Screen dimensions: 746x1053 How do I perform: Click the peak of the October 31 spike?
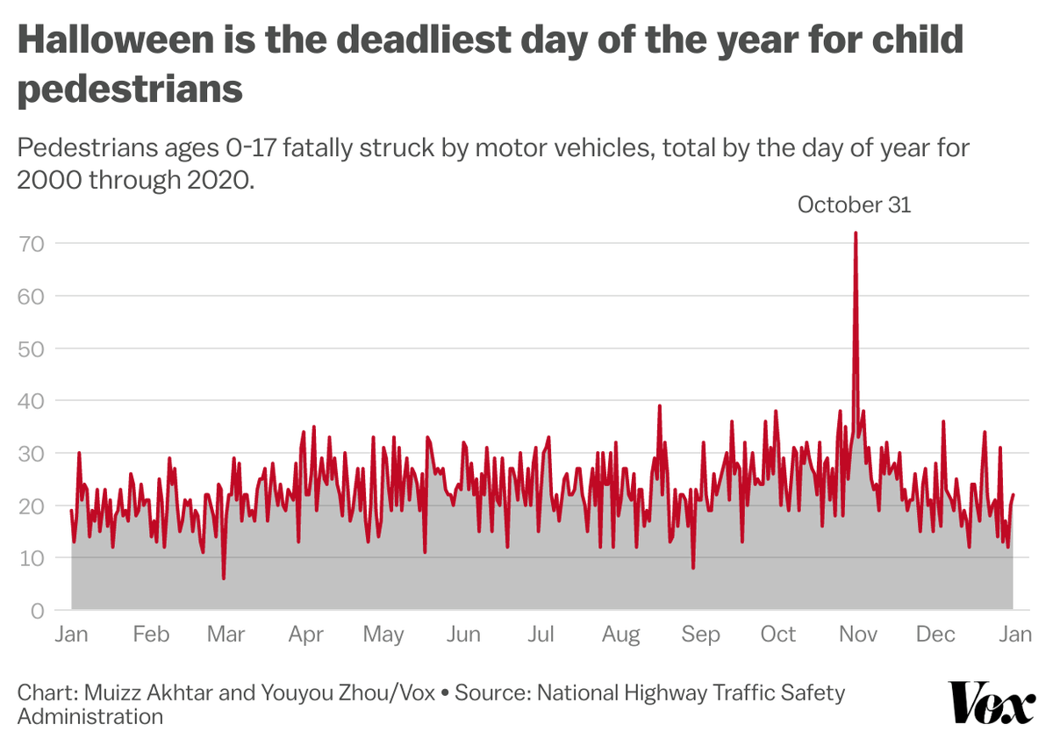[855, 233]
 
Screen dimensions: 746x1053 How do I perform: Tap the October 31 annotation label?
[854, 204]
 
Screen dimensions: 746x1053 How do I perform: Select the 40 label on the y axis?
[32, 400]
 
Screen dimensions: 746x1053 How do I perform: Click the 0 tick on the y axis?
[38, 610]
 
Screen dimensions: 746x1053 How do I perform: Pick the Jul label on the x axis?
[541, 634]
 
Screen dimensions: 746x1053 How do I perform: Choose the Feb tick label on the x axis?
[151, 634]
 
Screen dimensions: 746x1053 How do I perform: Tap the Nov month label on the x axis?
[855, 634]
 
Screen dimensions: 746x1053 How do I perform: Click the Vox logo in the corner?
[992, 703]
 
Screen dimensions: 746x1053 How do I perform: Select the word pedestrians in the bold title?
[130, 90]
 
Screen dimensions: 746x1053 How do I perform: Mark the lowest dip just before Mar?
[224, 577]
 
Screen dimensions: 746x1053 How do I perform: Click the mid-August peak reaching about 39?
[659, 406]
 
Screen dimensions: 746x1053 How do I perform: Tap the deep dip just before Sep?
[693, 568]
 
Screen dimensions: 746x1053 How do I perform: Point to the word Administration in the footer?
[90, 716]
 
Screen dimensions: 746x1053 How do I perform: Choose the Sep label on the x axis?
[699, 634]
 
